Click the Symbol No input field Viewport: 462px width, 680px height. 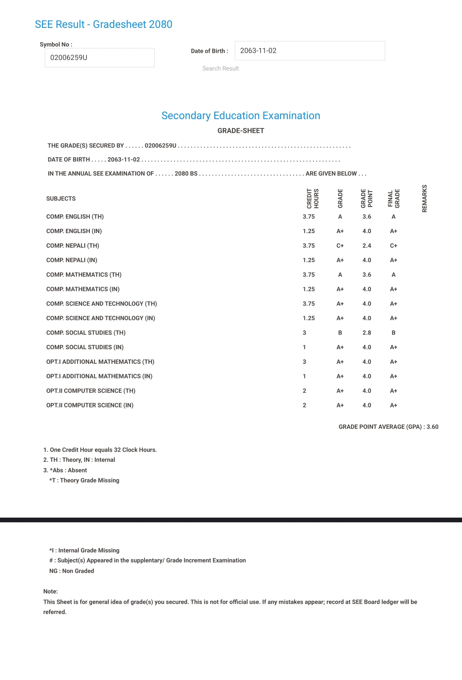pos(99,58)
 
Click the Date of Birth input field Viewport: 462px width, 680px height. pos(309,51)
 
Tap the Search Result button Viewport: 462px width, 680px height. pos(220,69)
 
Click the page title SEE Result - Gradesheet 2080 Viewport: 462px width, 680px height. pos(104,24)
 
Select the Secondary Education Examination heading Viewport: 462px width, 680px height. pos(240,116)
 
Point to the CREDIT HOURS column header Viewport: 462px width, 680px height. pos(313,198)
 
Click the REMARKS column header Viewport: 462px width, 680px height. pos(424,198)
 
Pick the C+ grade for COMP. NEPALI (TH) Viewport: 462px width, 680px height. pos(340,246)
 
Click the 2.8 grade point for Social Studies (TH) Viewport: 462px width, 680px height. pos(367,333)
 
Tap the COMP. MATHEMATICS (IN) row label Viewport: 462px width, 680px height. pos(83,289)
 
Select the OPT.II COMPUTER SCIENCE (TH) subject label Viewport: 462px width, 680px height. pos(91,391)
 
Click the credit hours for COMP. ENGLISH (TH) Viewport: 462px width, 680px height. pos(308,217)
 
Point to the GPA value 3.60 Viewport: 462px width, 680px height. pos(432,427)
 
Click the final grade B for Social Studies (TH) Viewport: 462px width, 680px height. pos(394,333)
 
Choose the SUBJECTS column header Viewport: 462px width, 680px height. pos(61,199)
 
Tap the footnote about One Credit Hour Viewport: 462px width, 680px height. pos(100,450)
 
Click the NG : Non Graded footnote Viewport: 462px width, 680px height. pos(71,571)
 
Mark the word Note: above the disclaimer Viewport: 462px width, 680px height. pos(50,591)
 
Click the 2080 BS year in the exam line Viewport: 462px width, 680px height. pos(186,174)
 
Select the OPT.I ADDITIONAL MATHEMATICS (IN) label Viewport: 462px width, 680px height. pos(99,376)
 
